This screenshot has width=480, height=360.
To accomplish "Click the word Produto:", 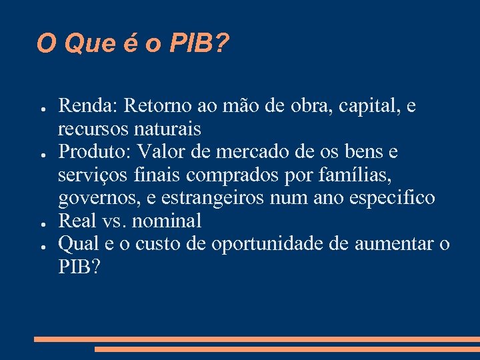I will tap(95, 151).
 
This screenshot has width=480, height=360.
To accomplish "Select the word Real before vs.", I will tap(78, 221).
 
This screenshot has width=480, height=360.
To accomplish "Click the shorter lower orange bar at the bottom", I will tap(287, 349).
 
